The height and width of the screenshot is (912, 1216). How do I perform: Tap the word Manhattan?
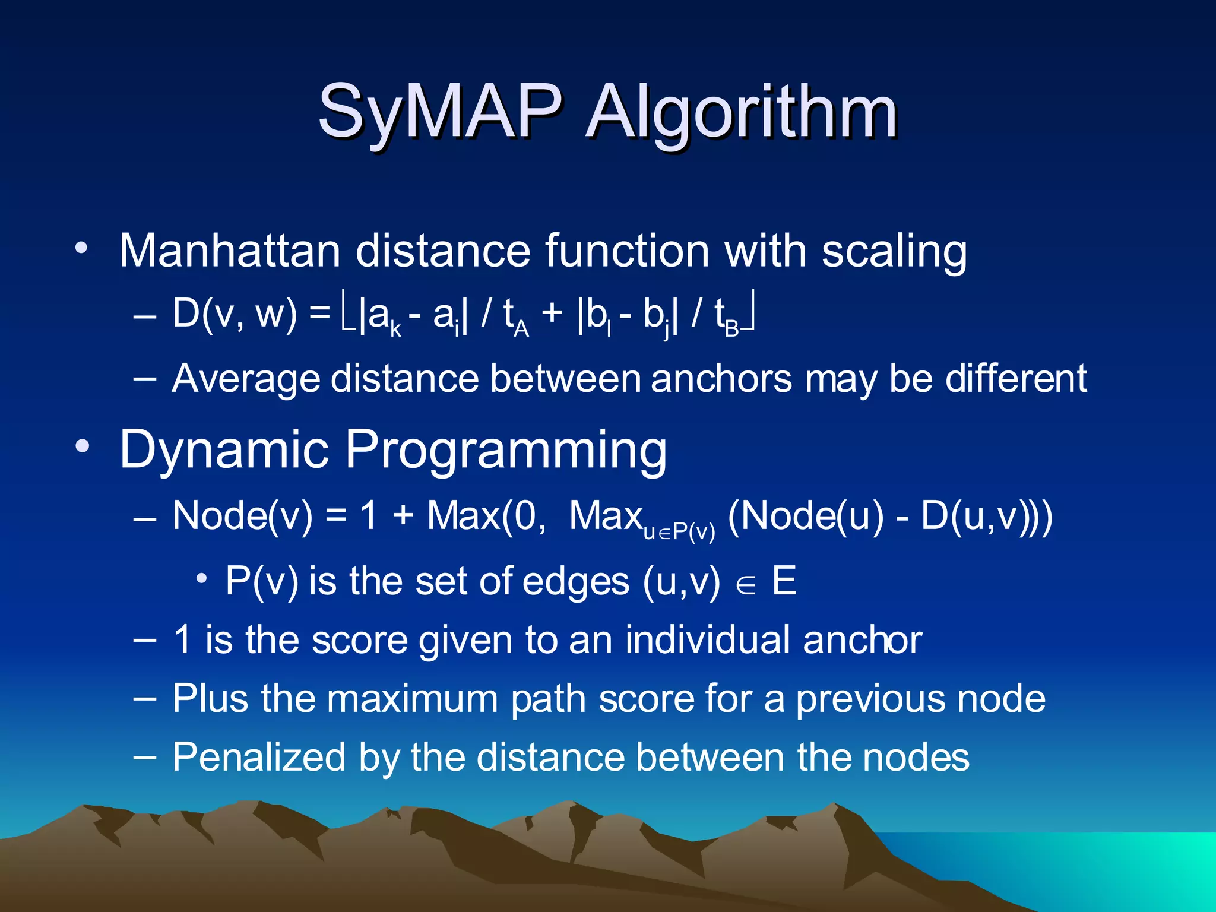tap(229, 251)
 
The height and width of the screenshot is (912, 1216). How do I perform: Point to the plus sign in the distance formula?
tap(552, 313)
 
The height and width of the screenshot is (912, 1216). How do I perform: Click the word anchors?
tap(721, 379)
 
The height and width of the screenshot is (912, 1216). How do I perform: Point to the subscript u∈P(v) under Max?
tap(679, 531)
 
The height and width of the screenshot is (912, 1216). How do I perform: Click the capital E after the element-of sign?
tap(784, 581)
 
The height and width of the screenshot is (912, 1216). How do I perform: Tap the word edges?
tap(575, 581)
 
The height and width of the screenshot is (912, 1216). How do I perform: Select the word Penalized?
tap(259, 758)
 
